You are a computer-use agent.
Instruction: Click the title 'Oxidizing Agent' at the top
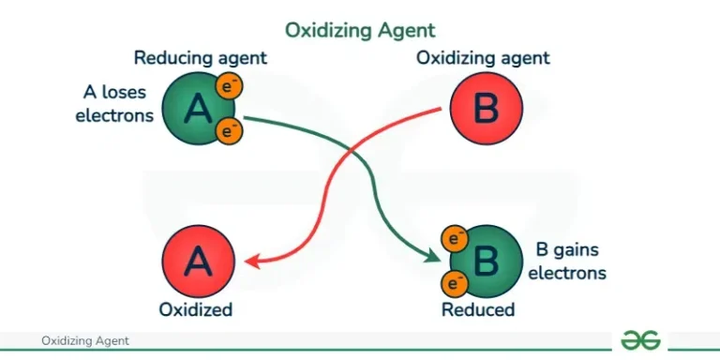point(360,30)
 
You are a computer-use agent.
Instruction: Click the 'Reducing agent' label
point(201,58)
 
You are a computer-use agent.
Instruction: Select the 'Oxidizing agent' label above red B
point(483,58)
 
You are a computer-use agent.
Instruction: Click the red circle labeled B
point(485,110)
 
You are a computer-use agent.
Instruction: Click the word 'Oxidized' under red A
point(197,309)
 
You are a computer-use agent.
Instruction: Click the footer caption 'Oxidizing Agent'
point(85,341)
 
